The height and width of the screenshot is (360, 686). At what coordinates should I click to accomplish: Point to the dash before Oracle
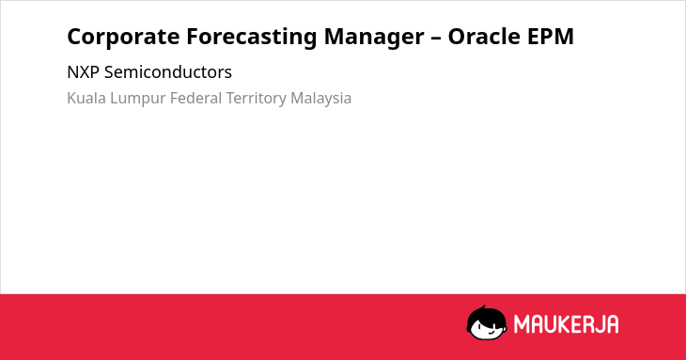coord(436,38)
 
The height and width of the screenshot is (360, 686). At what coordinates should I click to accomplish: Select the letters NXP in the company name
coord(83,72)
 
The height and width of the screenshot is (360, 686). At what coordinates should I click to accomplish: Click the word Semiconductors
coord(168,72)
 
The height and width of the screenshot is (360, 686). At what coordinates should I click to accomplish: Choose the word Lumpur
coord(138,99)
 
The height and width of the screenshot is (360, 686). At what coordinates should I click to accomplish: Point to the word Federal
coord(196,98)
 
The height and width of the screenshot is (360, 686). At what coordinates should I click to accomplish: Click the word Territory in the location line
coord(256,99)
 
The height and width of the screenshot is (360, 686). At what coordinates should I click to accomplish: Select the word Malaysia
coord(320,99)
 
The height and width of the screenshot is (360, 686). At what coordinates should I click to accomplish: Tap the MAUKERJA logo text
coord(566,324)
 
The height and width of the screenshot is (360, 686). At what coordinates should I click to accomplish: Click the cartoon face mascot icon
coord(487,323)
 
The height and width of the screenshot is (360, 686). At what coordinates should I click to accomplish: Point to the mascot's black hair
coord(486,315)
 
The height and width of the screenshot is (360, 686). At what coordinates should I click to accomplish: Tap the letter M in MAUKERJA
coord(521,324)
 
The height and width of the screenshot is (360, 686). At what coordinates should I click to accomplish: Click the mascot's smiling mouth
coord(490,333)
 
